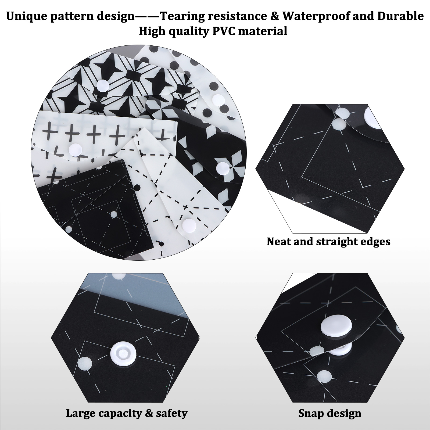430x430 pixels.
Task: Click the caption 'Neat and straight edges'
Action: [x=328, y=242]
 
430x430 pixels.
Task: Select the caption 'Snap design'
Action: [x=330, y=413]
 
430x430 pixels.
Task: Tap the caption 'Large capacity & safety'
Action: [x=127, y=413]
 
